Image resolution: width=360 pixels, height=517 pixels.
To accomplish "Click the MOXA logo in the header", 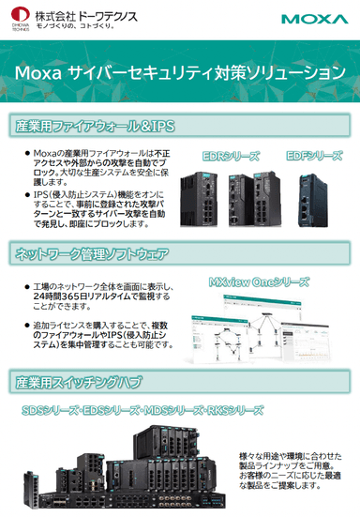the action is (313, 18).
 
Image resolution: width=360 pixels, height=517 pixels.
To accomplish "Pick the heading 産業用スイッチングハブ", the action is (77, 382).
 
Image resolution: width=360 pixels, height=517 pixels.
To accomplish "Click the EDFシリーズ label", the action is (314, 156).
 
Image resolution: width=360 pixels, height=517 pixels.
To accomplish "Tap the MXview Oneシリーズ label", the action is (259, 281).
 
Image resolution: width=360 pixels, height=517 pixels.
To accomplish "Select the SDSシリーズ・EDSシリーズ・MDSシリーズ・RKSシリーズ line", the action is (142, 411).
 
